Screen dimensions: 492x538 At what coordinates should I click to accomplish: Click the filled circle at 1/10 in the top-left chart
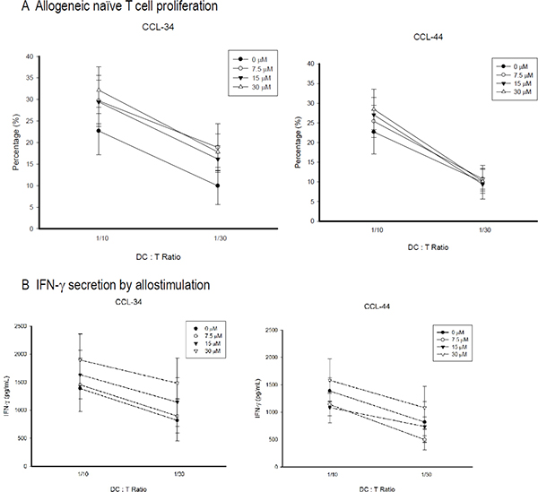(x=74, y=132)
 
